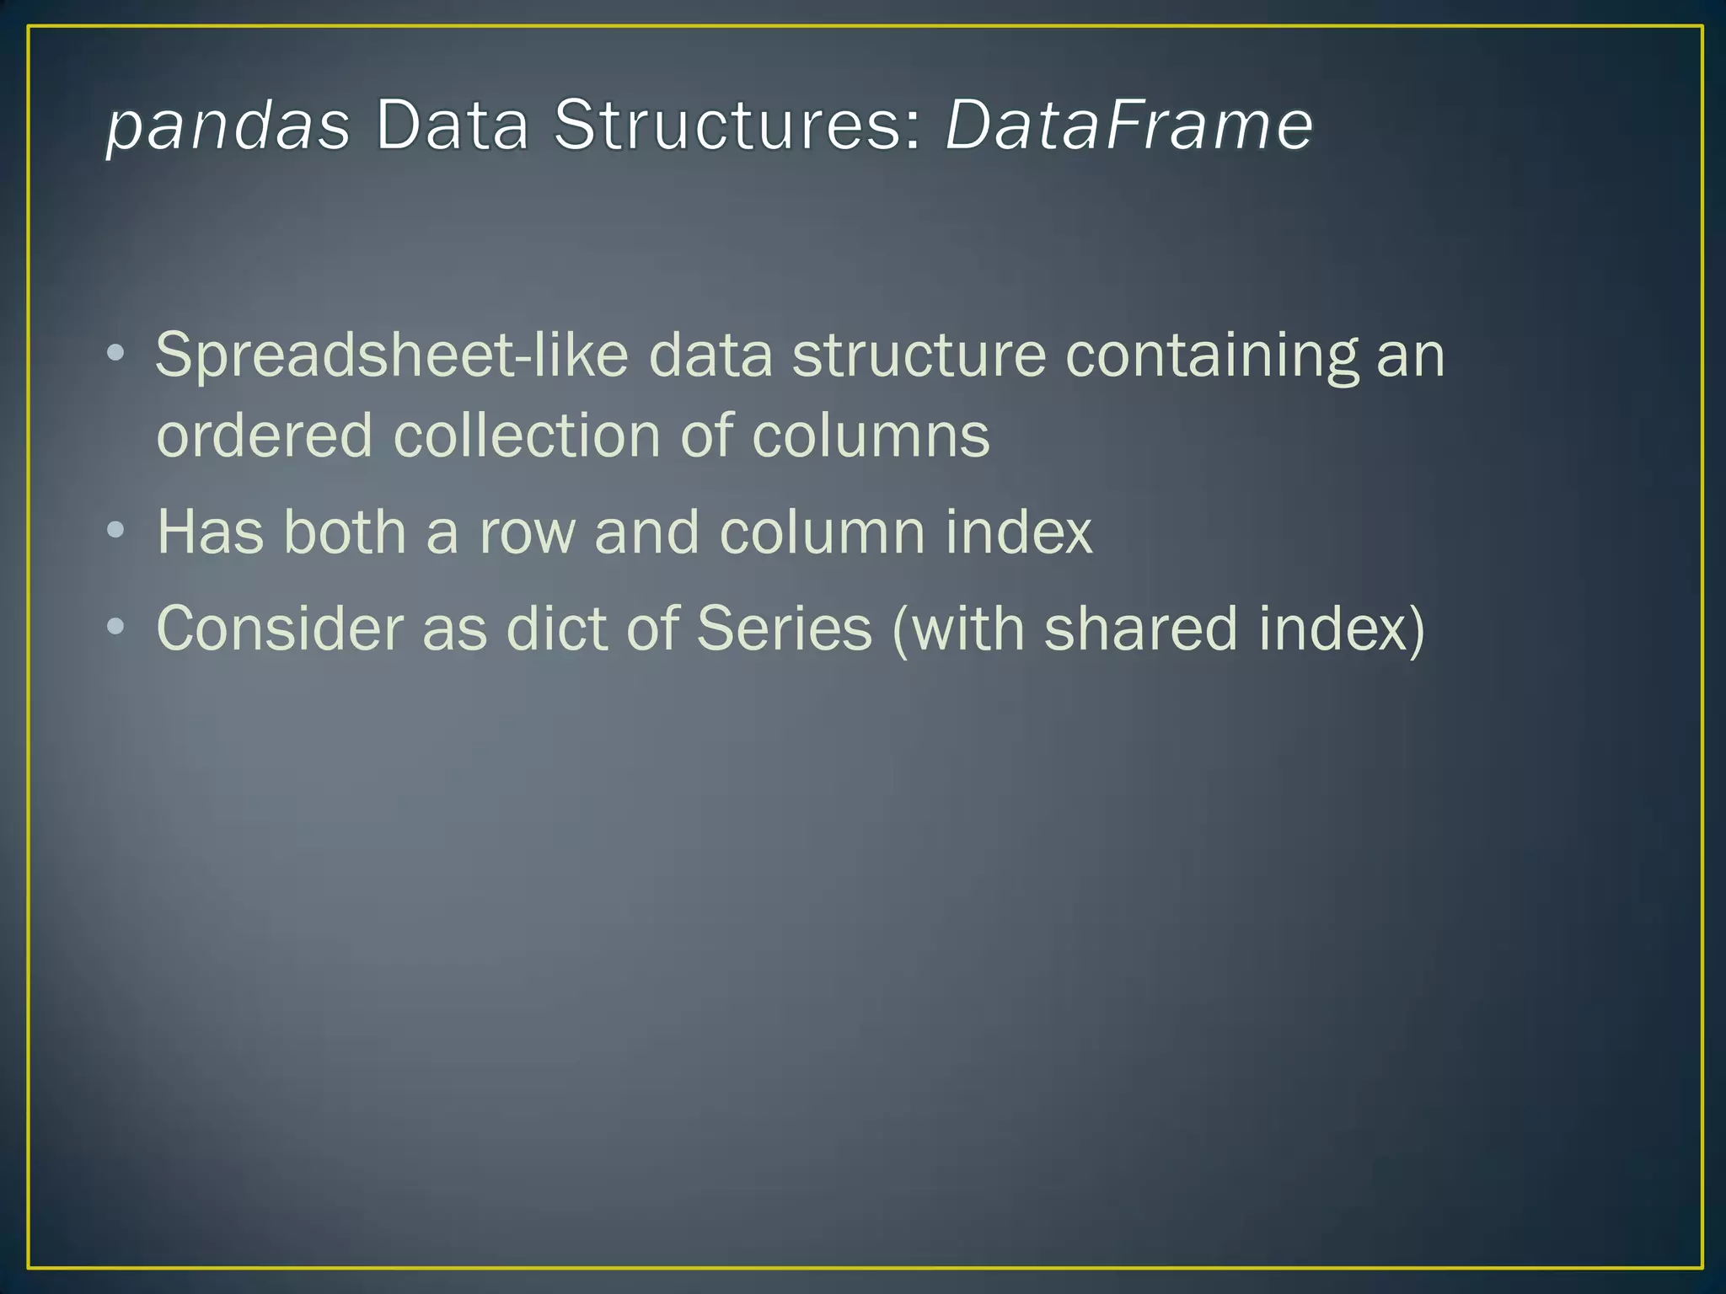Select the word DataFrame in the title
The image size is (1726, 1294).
click(1128, 126)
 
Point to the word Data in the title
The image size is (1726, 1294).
click(452, 126)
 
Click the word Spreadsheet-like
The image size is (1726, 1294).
click(392, 356)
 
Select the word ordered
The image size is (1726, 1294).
click(265, 436)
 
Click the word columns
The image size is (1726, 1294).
click(871, 436)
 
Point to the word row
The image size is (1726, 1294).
click(527, 532)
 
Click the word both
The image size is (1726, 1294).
click(345, 532)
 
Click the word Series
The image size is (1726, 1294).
click(784, 629)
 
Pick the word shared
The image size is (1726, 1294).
click(1141, 629)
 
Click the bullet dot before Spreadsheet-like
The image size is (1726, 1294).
click(116, 353)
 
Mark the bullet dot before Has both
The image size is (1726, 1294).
click(116, 531)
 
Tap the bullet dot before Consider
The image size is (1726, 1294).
click(116, 628)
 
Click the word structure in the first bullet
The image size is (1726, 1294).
click(919, 356)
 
